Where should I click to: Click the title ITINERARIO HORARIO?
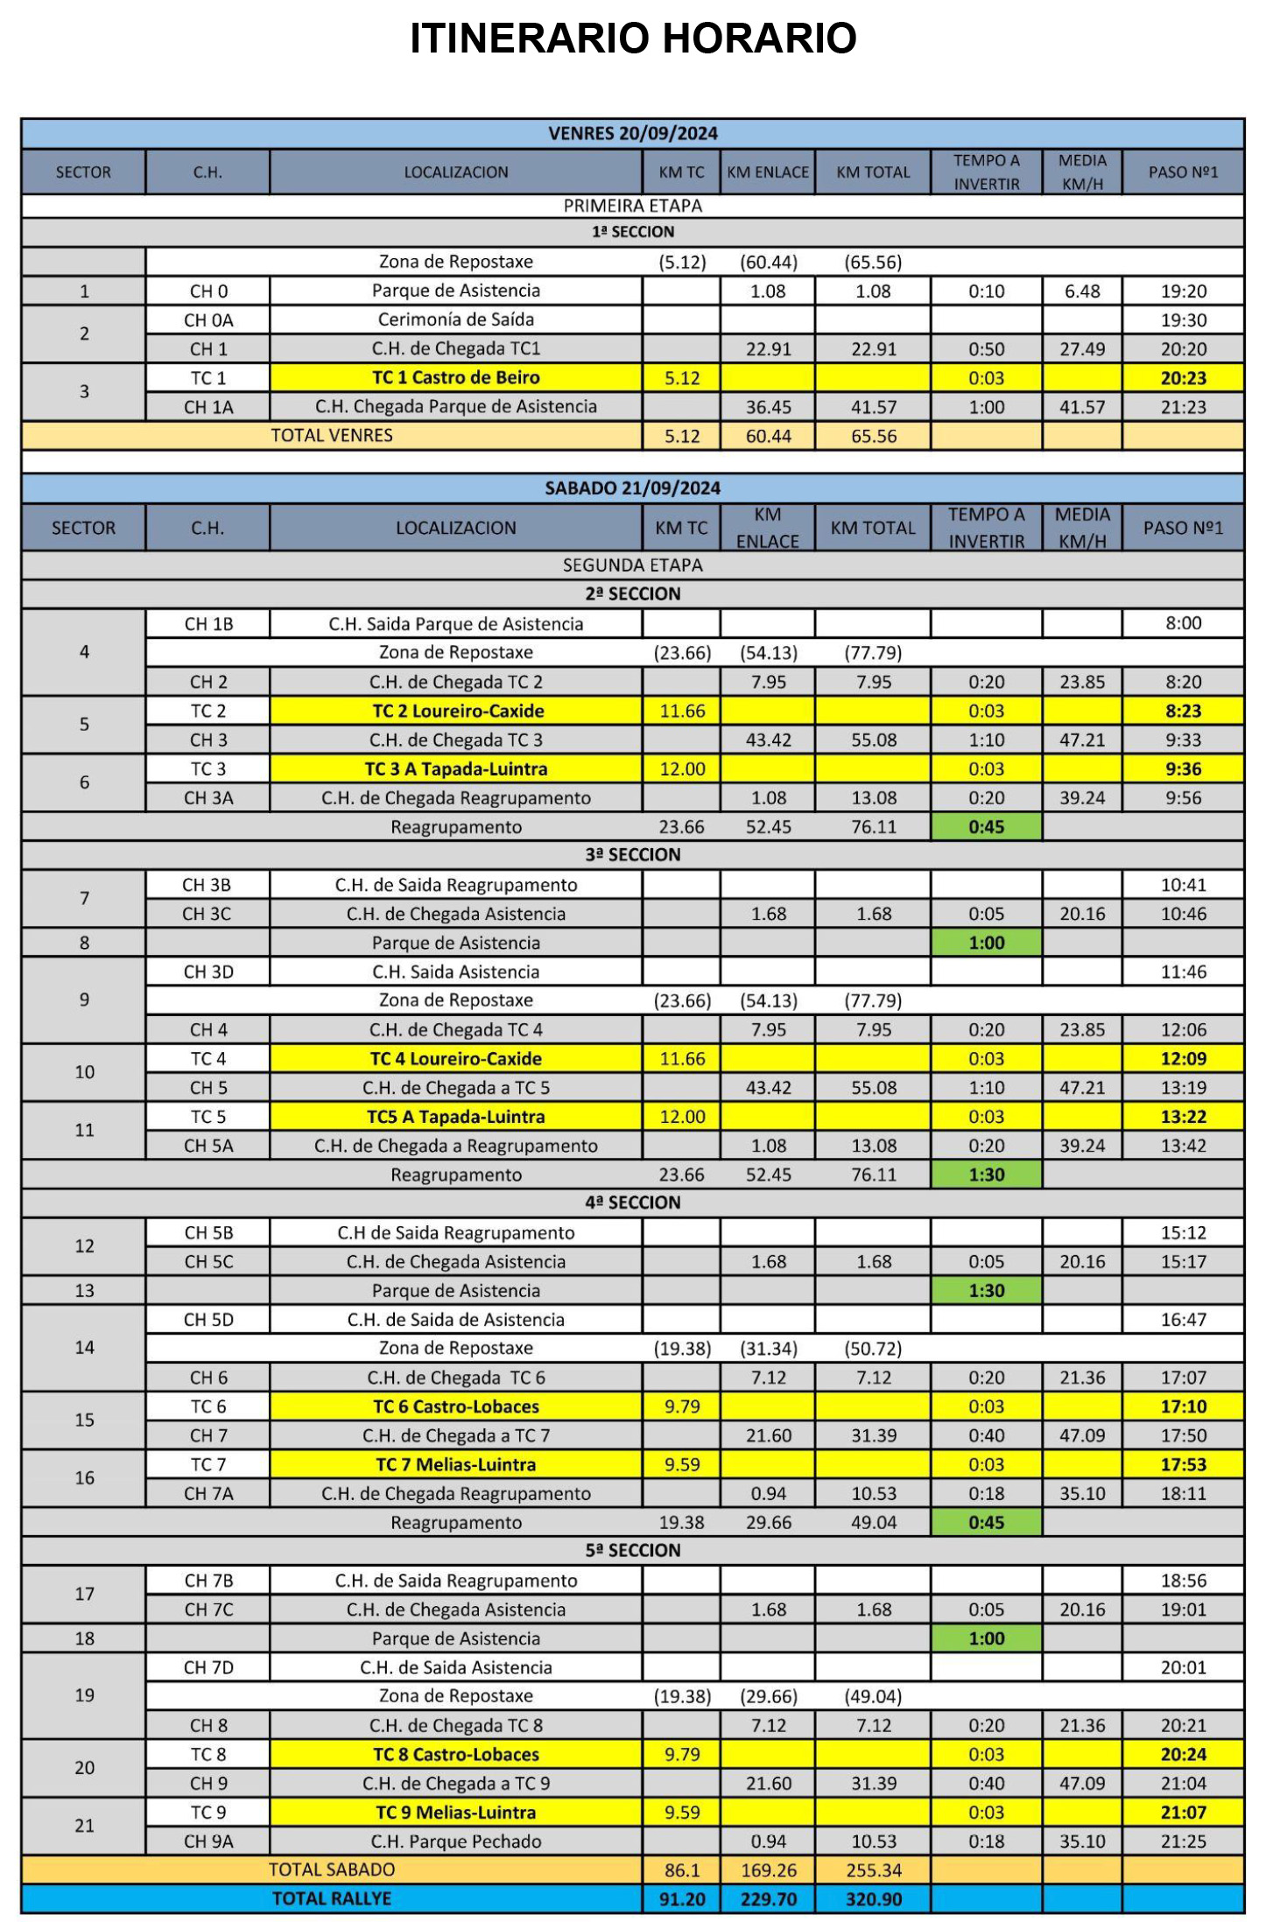633,39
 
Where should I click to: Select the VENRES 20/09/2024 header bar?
632,134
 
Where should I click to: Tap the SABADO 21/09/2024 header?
632,488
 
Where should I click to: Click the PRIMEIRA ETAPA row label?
632,206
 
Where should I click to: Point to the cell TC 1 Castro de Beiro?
455,378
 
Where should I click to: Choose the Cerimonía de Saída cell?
455,319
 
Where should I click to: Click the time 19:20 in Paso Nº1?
1183,291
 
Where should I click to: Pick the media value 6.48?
1082,291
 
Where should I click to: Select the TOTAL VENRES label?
331,436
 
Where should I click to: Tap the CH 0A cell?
208,320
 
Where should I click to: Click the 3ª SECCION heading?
632,854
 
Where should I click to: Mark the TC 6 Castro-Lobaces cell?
455,1406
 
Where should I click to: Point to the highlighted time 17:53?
1183,1464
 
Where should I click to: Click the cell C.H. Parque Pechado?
455,1841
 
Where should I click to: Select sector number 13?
84,1290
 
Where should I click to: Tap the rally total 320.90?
873,1899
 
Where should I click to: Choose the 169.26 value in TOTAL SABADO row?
768,1870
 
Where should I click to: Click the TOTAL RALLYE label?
331,1898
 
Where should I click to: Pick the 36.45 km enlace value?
768,407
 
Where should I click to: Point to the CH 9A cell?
208,1841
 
